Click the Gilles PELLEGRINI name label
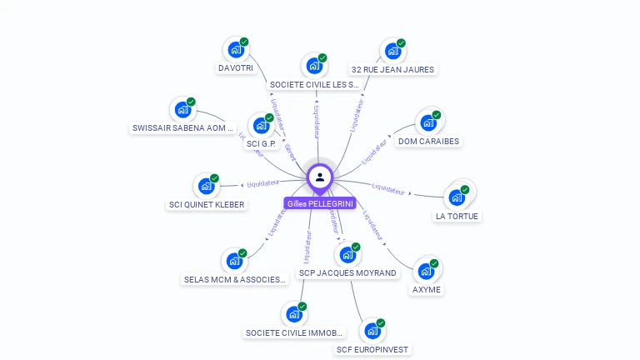tap(320, 203)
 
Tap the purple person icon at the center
tap(320, 177)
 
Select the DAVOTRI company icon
tap(235, 49)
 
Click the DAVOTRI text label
tap(235, 68)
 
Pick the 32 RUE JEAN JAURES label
tap(392, 69)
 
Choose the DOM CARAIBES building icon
tap(428, 122)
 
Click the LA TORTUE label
tap(457, 217)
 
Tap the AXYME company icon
tap(427, 271)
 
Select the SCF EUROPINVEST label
tap(372, 350)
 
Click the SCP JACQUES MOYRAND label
tap(347, 273)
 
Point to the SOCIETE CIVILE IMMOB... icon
tap(293, 314)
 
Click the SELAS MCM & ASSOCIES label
tap(235, 280)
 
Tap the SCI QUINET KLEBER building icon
tap(205, 186)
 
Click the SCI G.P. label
tap(261, 144)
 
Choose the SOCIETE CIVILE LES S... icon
tap(313, 66)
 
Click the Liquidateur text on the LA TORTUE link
tap(388, 188)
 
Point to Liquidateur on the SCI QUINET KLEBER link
tap(262, 184)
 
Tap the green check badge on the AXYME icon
tap(435, 262)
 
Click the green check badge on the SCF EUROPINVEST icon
tap(381, 322)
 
